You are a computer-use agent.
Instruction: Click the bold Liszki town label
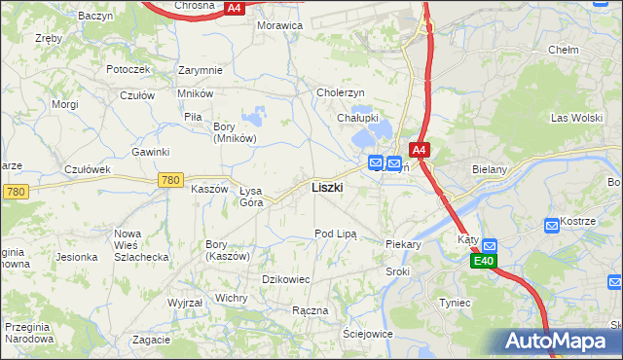pyautogui.click(x=326, y=187)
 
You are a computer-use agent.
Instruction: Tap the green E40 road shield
pyautogui.click(x=485, y=262)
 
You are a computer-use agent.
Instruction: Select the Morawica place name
pyautogui.click(x=279, y=25)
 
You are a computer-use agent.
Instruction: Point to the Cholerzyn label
pyautogui.click(x=340, y=92)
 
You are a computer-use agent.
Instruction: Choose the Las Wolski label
pyautogui.click(x=571, y=118)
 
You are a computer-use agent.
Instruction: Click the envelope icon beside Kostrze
pyautogui.click(x=551, y=225)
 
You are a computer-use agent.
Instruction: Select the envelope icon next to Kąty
pyautogui.click(x=489, y=246)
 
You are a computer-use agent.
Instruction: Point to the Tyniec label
pyautogui.click(x=455, y=303)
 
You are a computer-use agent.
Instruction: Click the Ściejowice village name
pyautogui.click(x=367, y=334)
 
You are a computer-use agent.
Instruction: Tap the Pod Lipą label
pyautogui.click(x=336, y=234)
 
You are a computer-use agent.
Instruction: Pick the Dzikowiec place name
pyautogui.click(x=286, y=279)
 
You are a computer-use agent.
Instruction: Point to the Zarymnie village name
pyautogui.click(x=201, y=70)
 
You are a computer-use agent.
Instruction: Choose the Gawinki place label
pyautogui.click(x=151, y=152)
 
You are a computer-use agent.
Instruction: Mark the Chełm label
pyautogui.click(x=564, y=50)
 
